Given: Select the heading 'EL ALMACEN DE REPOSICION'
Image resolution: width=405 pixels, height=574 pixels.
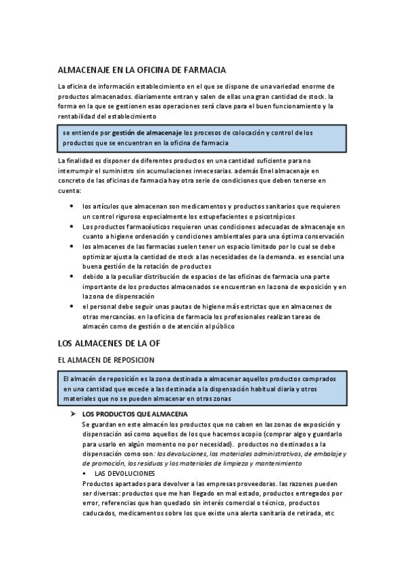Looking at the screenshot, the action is point(106,360).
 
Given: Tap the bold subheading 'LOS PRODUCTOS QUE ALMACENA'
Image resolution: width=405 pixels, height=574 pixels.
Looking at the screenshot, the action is point(135,414).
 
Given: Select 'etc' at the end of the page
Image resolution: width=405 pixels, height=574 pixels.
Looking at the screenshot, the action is point(329,513).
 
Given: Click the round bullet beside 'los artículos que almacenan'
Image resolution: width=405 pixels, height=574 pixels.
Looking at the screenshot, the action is point(72,206).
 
